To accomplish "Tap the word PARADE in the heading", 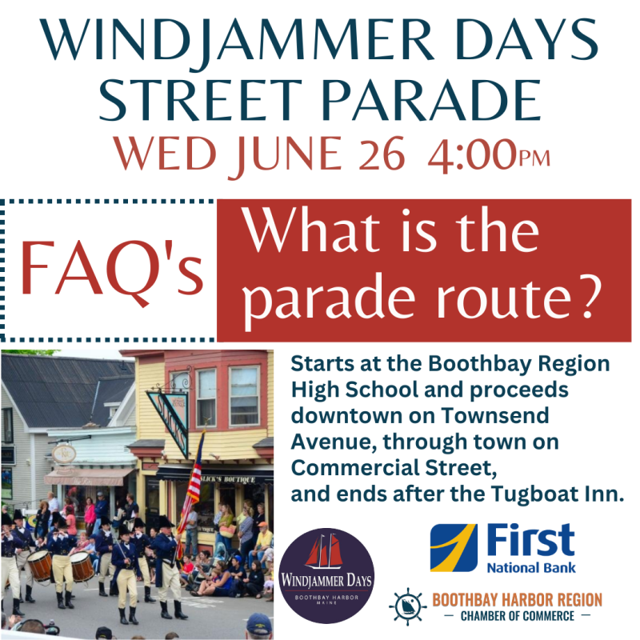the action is coord(431,101).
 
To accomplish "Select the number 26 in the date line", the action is coord(382,154).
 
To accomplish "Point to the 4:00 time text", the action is coord(473,154).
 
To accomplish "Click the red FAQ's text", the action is coord(111,271).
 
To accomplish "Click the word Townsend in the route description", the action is coord(495,415).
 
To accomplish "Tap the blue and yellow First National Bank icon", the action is coord(454,548).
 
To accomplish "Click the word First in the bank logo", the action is coord(530,541).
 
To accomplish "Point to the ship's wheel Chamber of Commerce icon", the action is coord(407,606).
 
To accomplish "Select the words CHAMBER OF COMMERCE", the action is coord(517,616).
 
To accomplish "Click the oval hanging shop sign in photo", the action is coord(64,454).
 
